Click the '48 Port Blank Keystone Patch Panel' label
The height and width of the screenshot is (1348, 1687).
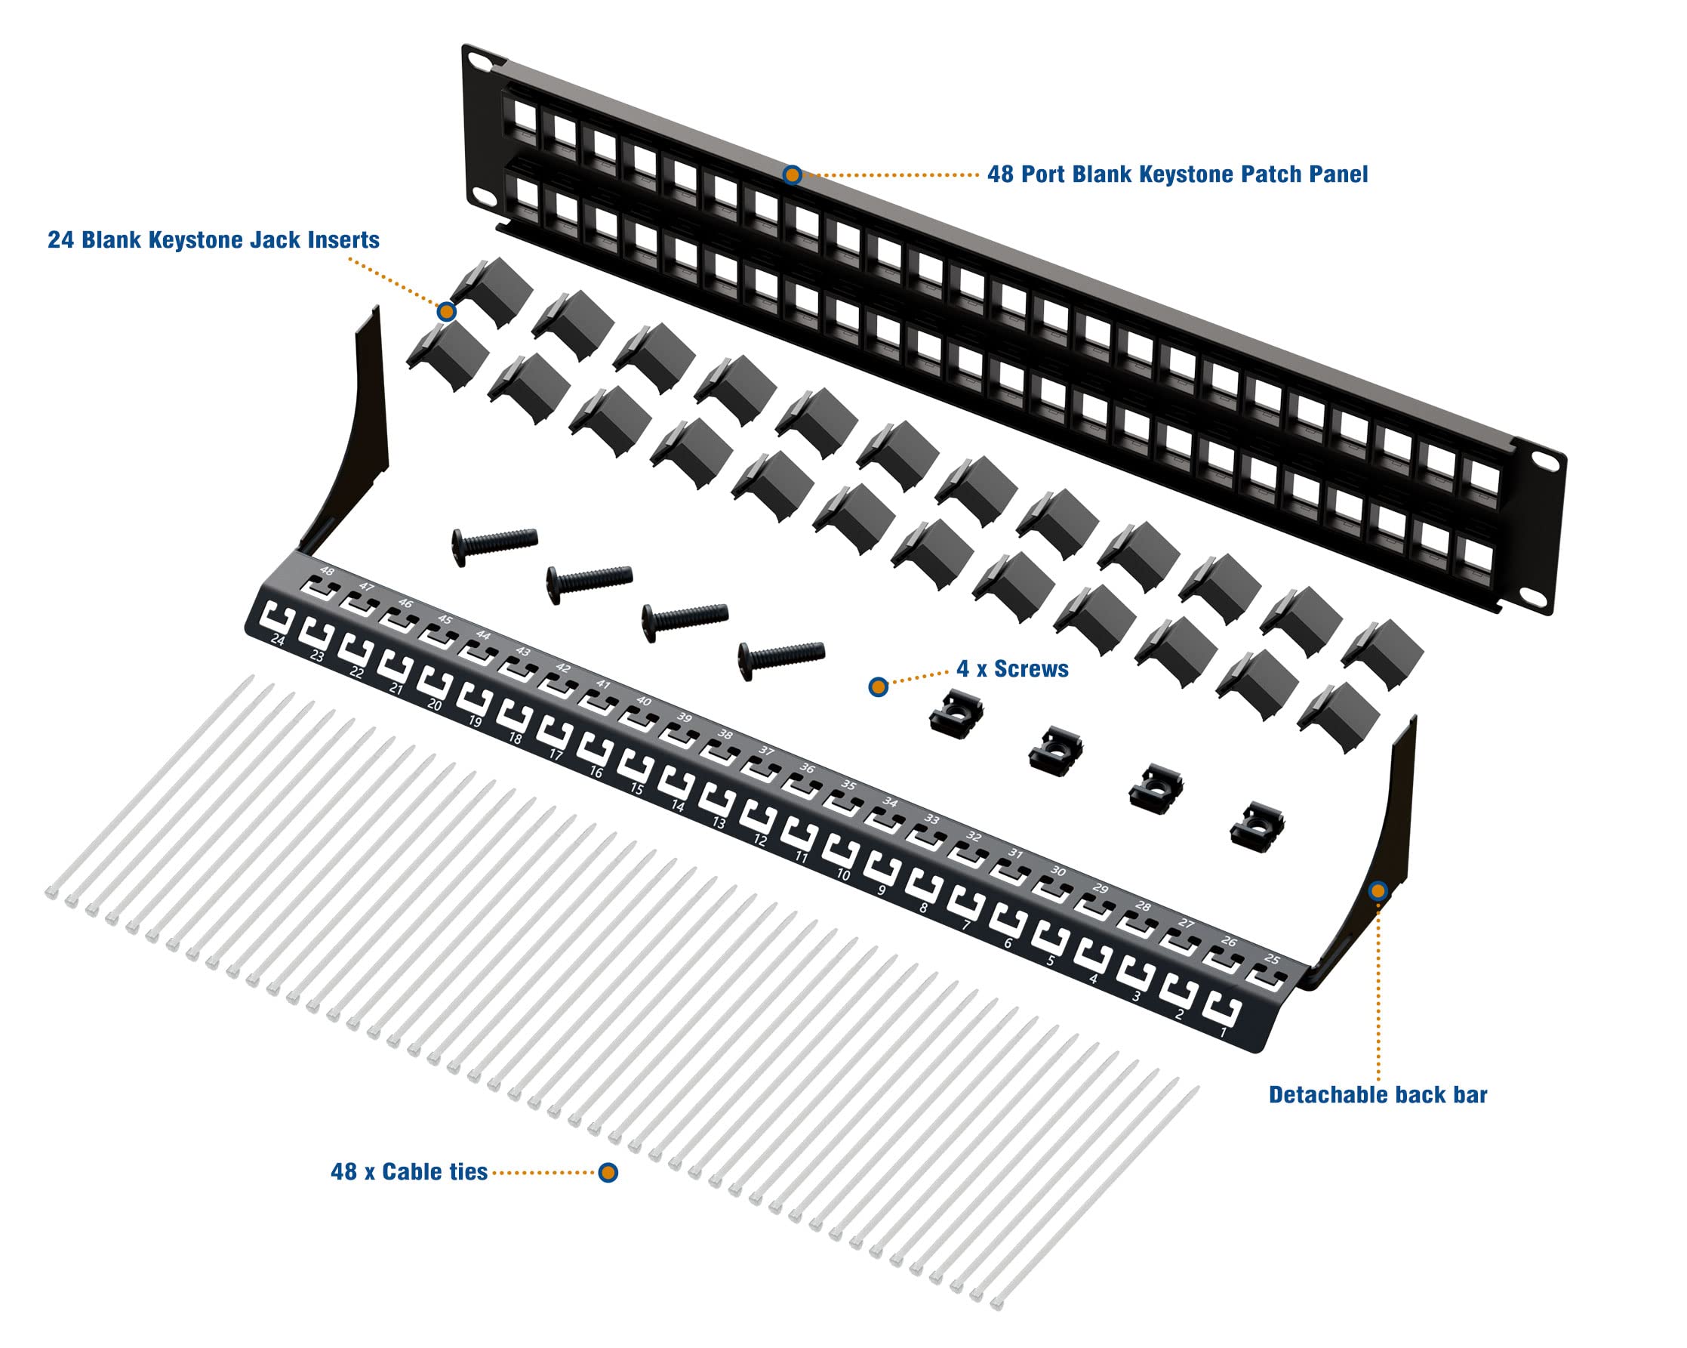(x=1177, y=174)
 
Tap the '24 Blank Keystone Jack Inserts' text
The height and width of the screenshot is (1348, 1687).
(x=214, y=239)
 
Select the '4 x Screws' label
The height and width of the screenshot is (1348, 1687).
(x=1012, y=668)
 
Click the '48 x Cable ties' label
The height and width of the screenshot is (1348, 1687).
(x=409, y=1172)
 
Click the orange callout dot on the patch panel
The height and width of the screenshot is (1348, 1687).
(x=792, y=174)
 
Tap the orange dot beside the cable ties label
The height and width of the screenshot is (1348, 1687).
(x=608, y=1172)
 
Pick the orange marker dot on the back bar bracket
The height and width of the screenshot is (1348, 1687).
(x=1378, y=891)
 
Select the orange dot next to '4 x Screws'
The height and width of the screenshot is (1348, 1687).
(x=878, y=687)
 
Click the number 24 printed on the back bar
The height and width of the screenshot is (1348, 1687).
(x=278, y=640)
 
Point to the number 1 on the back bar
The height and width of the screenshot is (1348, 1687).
(x=1224, y=1032)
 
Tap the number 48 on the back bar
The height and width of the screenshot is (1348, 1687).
(x=327, y=572)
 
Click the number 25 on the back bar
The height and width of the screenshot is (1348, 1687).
(x=1273, y=959)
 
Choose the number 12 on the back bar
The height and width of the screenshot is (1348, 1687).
(x=760, y=840)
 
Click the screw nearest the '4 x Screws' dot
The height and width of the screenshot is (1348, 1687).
(x=781, y=657)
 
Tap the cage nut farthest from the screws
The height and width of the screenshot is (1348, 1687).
(x=1257, y=826)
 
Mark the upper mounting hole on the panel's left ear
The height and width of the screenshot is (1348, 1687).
(x=476, y=60)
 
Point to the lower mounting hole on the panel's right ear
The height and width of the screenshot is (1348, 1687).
(x=1535, y=597)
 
